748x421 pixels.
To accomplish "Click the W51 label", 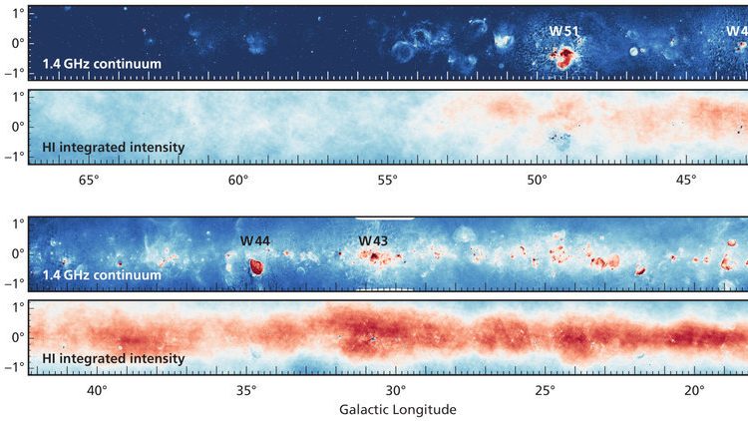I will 564,31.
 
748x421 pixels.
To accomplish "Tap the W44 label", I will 254,241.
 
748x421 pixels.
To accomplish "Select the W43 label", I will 373,241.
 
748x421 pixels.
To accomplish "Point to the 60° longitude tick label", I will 237,181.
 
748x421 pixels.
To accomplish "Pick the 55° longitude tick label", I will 387,181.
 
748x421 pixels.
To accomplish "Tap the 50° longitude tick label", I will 537,181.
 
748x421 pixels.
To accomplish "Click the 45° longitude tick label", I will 686,181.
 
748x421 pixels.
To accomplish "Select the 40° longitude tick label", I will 97,391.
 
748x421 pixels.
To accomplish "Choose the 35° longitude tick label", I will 246,391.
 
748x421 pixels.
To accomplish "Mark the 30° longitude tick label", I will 395,391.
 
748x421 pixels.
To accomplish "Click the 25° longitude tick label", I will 545,391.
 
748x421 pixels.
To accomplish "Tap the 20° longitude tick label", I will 694,391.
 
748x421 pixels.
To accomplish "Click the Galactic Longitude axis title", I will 397,409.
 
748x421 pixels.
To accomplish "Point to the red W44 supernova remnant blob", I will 255,266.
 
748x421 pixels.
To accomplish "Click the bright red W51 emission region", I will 564,56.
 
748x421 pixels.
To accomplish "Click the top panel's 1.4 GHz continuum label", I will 102,65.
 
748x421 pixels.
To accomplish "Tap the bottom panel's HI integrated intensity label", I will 114,358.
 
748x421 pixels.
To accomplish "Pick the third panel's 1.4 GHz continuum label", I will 102,275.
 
